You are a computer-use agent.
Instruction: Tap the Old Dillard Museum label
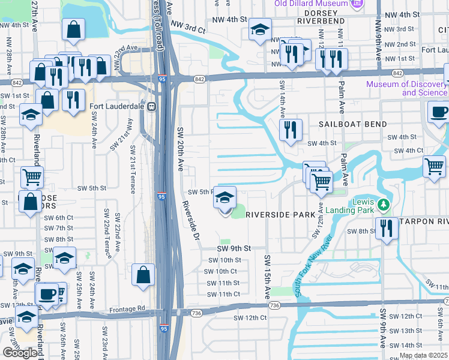[x=312, y=4]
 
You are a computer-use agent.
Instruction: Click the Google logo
[x=20, y=353]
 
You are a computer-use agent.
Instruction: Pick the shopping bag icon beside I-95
[x=143, y=276]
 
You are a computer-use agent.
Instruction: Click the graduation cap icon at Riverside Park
[x=224, y=197]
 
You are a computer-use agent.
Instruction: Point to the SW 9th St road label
[x=233, y=248]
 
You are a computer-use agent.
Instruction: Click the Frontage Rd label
[x=128, y=308]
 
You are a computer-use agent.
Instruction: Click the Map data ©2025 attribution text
[x=424, y=355]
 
